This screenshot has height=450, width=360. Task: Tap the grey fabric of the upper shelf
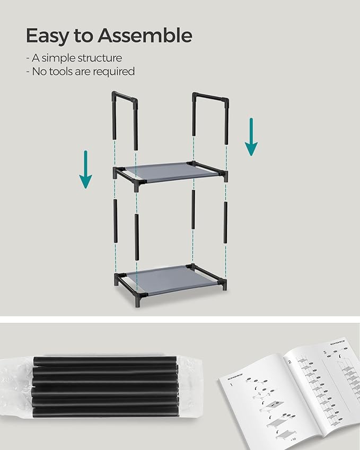point(170,173)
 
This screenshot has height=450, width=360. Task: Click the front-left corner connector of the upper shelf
point(138,184)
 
